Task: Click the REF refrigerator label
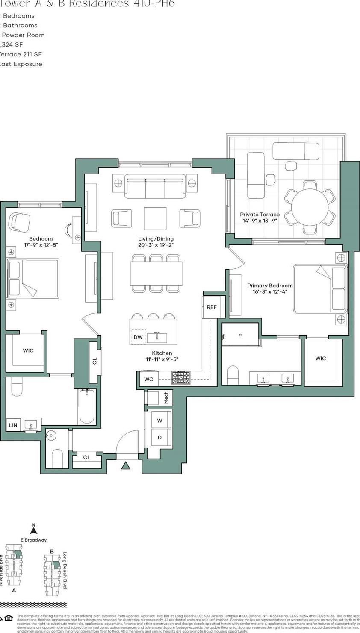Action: [x=211, y=307]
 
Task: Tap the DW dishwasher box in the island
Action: [x=138, y=337]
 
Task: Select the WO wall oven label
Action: [x=148, y=379]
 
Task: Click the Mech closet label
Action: [x=166, y=398]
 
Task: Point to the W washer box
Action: [x=159, y=421]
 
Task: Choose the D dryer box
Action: [x=159, y=437]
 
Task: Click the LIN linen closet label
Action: [x=13, y=425]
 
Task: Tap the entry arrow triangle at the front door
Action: [x=125, y=466]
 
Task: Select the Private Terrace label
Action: [x=260, y=215]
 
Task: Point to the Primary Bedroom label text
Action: [x=270, y=286]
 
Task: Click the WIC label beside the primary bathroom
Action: [x=320, y=359]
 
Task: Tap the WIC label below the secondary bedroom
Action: [x=28, y=350]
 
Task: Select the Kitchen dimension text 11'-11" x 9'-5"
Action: [x=162, y=359]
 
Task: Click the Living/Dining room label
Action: [x=156, y=239]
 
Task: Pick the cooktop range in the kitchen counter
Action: [x=183, y=377]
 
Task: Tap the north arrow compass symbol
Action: [x=34, y=529]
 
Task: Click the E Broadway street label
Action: [x=34, y=540]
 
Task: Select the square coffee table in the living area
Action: [x=155, y=218]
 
